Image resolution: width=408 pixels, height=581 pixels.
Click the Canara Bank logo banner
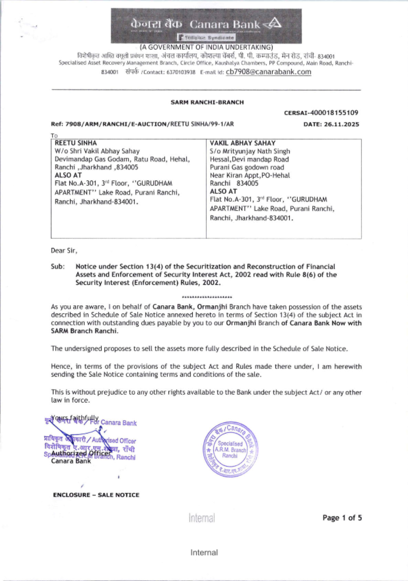[206, 25]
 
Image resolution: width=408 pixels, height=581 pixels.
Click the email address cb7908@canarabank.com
[268, 72]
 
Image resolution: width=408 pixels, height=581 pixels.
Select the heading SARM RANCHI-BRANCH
[207, 102]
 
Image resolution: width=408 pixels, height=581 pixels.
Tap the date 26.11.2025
[341, 124]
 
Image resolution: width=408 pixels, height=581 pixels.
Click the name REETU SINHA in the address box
[76, 143]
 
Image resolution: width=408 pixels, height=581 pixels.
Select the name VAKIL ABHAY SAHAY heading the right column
[242, 143]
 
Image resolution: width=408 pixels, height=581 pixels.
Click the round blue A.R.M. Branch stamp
[230, 449]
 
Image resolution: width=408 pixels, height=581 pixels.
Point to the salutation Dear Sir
[64, 250]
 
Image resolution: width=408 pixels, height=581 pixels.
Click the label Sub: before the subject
[58, 266]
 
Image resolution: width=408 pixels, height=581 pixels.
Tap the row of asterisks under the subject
[207, 297]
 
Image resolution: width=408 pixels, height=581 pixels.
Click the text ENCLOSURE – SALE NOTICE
[96, 495]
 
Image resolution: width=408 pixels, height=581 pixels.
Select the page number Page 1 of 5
[342, 518]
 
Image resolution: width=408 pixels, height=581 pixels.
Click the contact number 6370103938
[181, 72]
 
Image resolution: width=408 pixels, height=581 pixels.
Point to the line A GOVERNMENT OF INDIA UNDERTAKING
[206, 47]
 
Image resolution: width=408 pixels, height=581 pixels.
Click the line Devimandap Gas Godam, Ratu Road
[122, 159]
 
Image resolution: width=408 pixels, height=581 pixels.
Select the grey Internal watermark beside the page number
[202, 518]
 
